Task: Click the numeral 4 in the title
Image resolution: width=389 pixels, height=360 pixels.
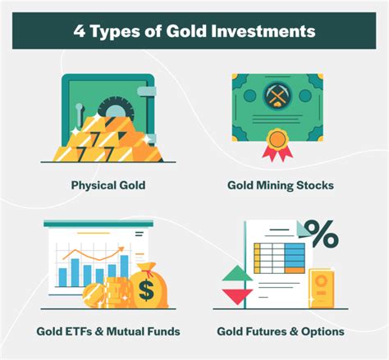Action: [x=80, y=31]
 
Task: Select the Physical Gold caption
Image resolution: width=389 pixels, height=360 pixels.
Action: [x=108, y=185]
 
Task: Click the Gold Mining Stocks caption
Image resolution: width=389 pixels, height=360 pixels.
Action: [x=281, y=185]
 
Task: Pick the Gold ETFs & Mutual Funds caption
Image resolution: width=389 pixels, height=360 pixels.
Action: [x=108, y=331]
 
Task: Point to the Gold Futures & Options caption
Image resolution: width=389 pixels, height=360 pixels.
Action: [x=281, y=331]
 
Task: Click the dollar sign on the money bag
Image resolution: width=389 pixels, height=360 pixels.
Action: [x=146, y=290]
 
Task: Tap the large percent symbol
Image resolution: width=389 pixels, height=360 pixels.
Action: [x=322, y=234]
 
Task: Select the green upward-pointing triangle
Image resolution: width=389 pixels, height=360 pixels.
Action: [x=237, y=273]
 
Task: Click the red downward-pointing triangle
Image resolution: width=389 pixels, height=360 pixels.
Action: [x=237, y=296]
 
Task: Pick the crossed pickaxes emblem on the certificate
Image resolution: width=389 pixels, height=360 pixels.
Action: [x=277, y=96]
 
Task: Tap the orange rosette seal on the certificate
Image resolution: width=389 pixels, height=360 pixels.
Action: [x=277, y=139]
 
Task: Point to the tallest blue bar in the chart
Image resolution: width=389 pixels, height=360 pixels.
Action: [x=125, y=267]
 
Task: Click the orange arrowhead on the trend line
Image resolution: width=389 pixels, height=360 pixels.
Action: [x=121, y=249]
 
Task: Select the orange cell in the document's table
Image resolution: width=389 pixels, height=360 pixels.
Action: [x=295, y=270]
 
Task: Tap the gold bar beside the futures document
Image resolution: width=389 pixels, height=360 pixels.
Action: [x=322, y=288]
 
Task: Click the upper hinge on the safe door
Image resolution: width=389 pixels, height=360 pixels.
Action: [x=147, y=91]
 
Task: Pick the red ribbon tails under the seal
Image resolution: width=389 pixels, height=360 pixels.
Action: [x=277, y=153]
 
